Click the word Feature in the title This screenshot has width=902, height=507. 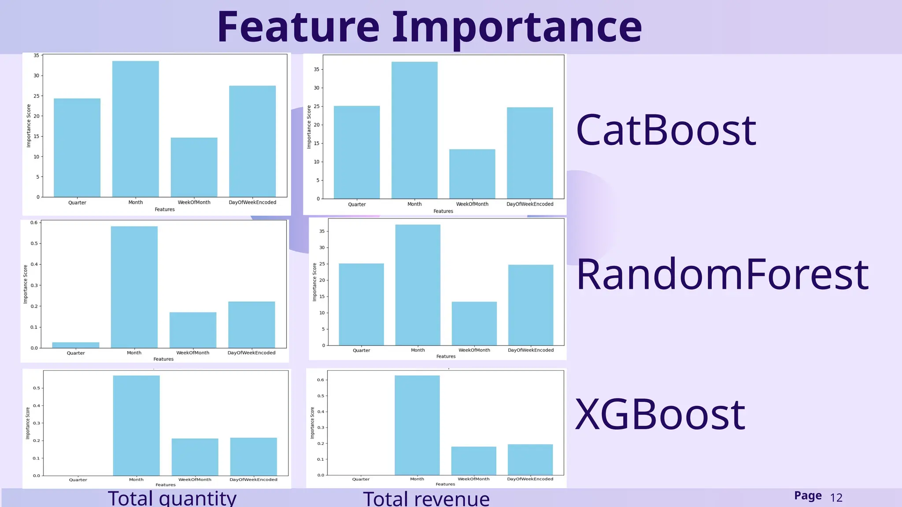298,27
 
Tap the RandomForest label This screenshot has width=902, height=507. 722,275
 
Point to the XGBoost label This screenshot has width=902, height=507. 660,415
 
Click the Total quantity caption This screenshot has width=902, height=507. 172,499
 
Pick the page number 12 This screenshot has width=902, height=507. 836,498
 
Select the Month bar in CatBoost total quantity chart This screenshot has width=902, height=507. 136,129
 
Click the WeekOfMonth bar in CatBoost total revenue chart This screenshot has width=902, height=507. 472,174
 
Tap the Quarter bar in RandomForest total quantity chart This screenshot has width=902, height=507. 76,345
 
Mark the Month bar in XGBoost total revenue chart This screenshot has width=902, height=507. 417,425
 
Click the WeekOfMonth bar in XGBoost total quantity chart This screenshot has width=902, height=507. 195,457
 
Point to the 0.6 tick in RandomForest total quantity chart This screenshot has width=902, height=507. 34,223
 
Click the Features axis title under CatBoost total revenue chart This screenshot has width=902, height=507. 443,211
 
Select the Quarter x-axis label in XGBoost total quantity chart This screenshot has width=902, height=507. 78,480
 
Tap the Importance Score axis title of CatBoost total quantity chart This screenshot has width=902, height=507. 29,126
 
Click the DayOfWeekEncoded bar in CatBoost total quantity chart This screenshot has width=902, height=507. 252,141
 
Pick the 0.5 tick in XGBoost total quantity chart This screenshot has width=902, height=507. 37,388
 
